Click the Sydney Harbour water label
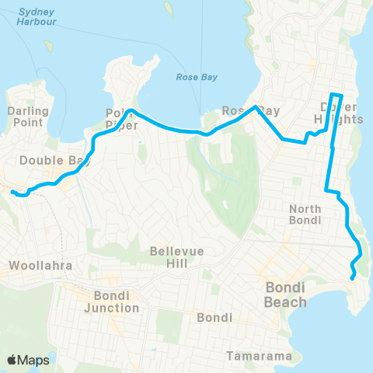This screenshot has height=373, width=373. click(x=37, y=17)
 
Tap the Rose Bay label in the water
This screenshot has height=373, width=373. click(x=197, y=77)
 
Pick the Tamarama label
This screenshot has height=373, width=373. click(x=260, y=357)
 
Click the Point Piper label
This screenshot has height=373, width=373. click(x=121, y=118)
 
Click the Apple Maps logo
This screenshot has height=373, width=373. click(x=28, y=360)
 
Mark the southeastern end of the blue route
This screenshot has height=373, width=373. click(x=354, y=277)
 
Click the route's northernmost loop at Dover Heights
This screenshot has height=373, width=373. click(x=336, y=95)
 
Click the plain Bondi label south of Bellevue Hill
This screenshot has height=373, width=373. click(x=210, y=318)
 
